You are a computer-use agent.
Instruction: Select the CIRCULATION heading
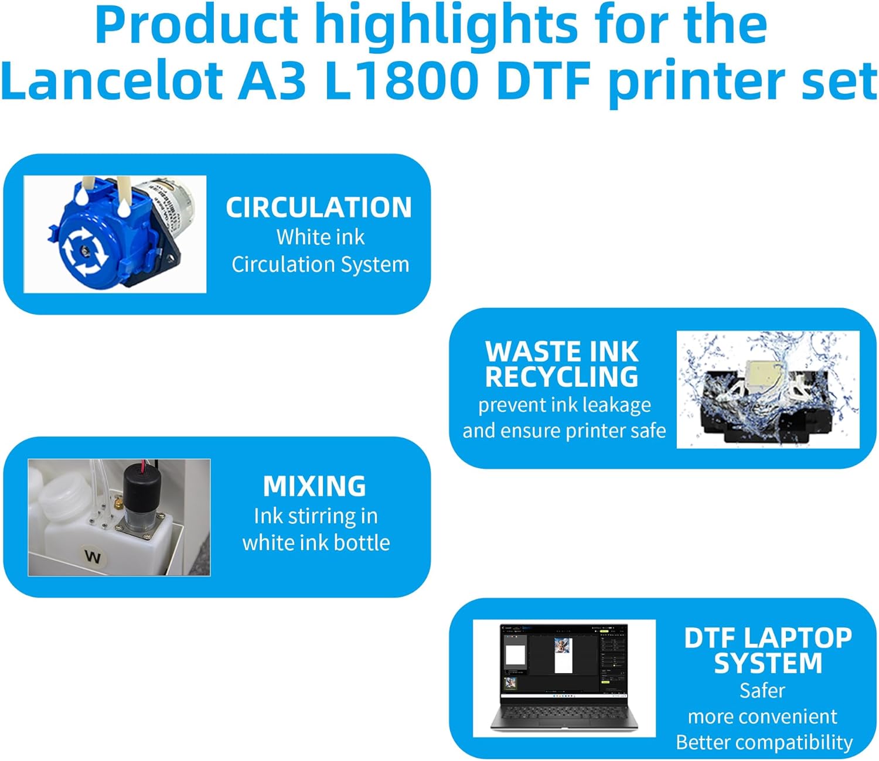(x=319, y=207)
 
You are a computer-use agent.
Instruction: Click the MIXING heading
(x=315, y=486)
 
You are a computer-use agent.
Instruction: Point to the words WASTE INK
(x=561, y=351)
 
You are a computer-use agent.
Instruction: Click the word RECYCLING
(x=561, y=377)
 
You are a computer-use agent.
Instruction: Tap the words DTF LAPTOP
(x=768, y=637)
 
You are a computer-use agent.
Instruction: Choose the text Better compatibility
(x=764, y=742)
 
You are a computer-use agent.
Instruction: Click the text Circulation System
(x=320, y=264)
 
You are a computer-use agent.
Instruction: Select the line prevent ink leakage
(x=564, y=405)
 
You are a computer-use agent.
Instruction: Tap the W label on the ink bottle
(x=93, y=556)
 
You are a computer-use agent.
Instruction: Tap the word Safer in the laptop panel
(x=762, y=691)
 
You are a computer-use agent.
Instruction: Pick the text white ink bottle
(x=316, y=542)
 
